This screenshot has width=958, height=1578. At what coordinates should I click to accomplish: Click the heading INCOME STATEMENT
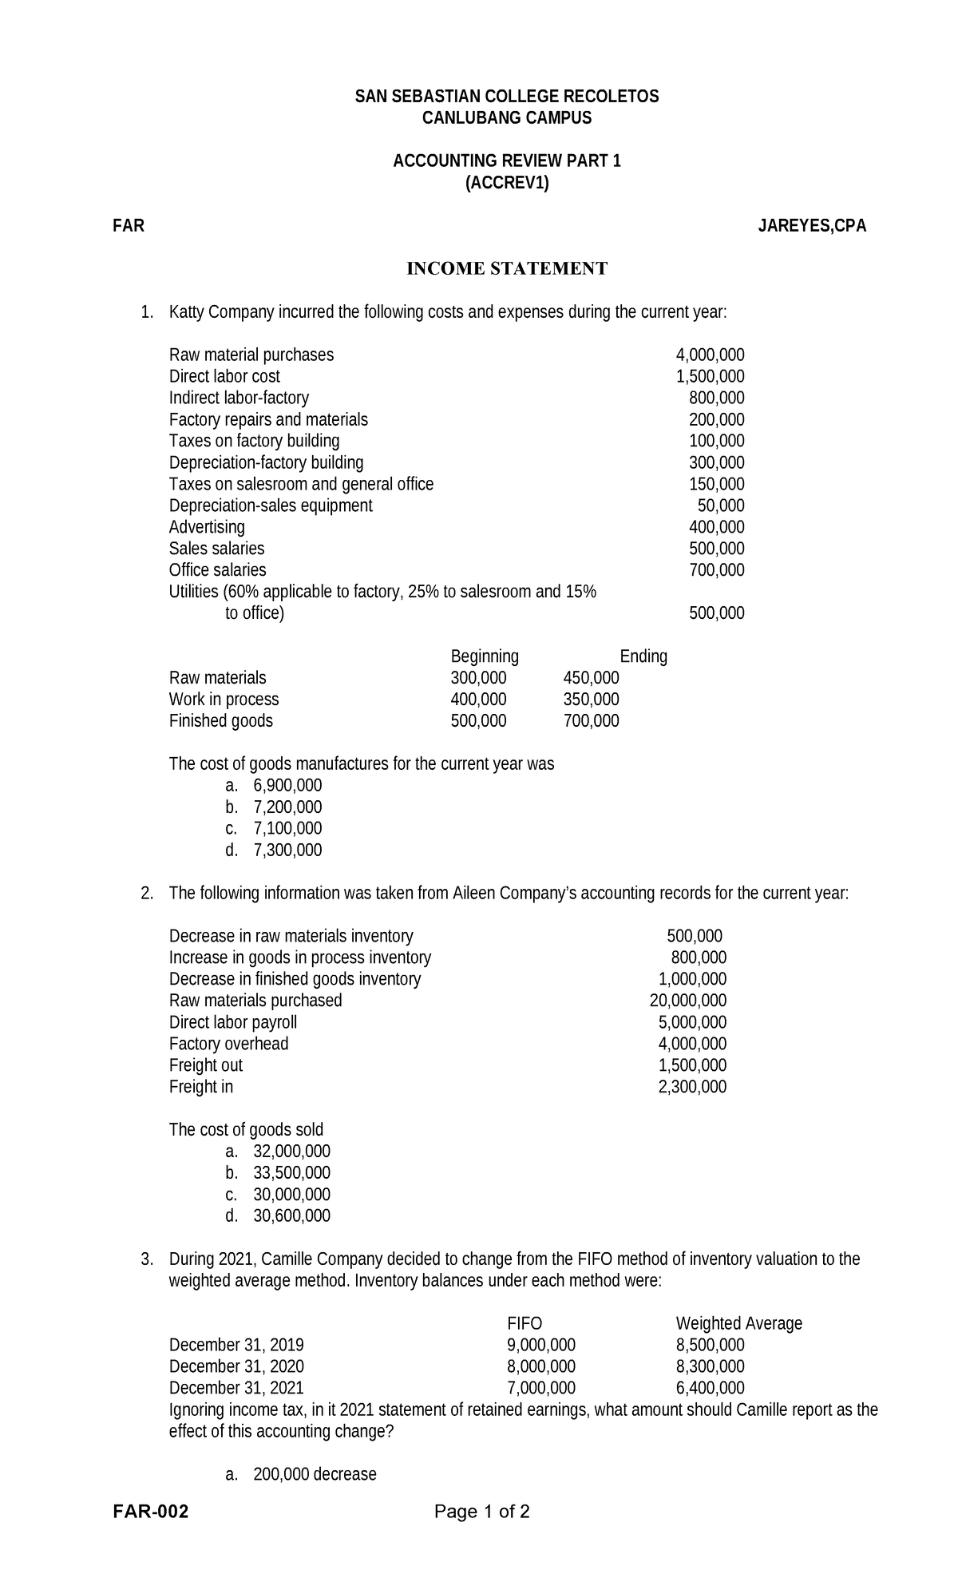tap(507, 268)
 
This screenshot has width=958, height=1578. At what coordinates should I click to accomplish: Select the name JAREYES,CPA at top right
tap(812, 226)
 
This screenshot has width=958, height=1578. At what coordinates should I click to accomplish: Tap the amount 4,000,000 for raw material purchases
tap(710, 355)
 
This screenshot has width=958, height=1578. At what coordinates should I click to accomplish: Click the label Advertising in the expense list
tap(207, 527)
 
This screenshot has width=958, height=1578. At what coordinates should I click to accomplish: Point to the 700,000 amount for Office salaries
tap(716, 570)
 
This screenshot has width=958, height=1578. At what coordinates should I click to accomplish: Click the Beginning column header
tap(485, 656)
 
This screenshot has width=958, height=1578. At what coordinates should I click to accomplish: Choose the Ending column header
tap(643, 656)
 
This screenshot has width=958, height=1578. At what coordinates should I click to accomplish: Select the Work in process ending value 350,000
tap(591, 700)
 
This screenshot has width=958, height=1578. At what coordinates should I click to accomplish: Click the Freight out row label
tap(205, 1065)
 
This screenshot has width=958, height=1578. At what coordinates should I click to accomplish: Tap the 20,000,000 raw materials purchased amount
tap(687, 1001)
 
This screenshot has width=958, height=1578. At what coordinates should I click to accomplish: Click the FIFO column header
tap(525, 1323)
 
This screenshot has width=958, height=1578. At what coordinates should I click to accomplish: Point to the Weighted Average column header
tap(738, 1323)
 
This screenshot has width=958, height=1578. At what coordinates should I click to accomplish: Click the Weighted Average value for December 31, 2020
tap(710, 1366)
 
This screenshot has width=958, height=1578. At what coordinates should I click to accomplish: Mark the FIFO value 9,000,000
tap(541, 1345)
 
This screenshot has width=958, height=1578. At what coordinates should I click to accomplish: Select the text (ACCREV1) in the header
tap(507, 183)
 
